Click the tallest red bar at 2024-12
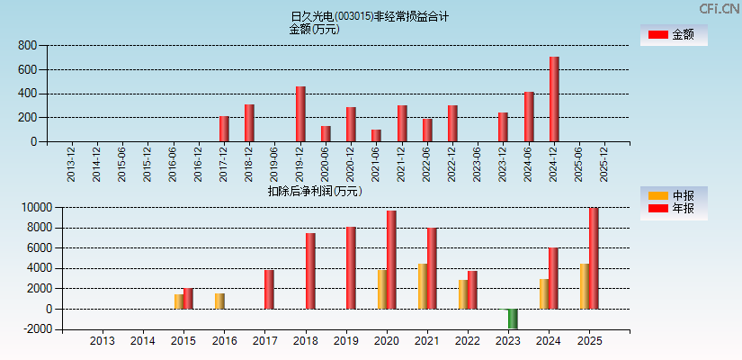(554, 99)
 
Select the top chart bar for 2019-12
(300, 113)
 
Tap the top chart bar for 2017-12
(224, 129)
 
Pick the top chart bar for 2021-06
(376, 135)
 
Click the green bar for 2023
(513, 319)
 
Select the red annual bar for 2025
(594, 258)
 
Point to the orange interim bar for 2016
(219, 301)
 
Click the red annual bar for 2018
(310, 271)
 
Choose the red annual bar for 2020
(391, 259)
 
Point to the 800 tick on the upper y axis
(28, 45)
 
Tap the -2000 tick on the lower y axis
(24, 329)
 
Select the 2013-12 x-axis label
(71, 163)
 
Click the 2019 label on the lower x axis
(346, 341)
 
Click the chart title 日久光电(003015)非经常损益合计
(371, 16)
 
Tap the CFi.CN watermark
(720, 8)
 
